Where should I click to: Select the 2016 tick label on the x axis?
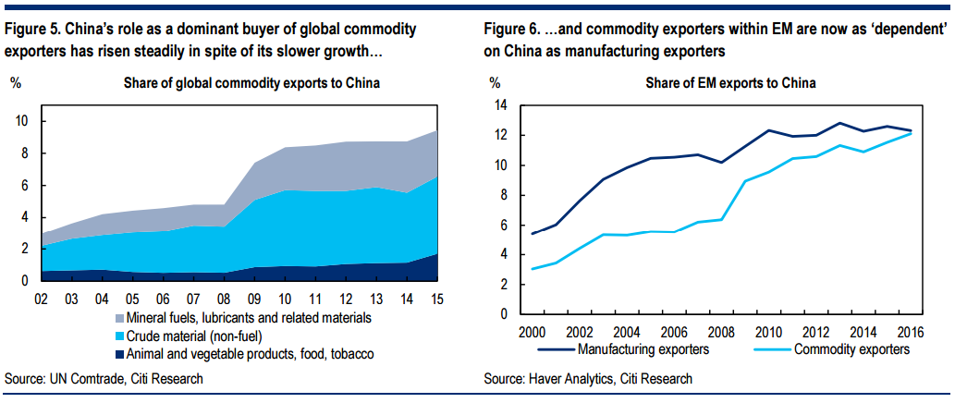click(912, 333)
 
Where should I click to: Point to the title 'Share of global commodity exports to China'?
click(252, 83)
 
